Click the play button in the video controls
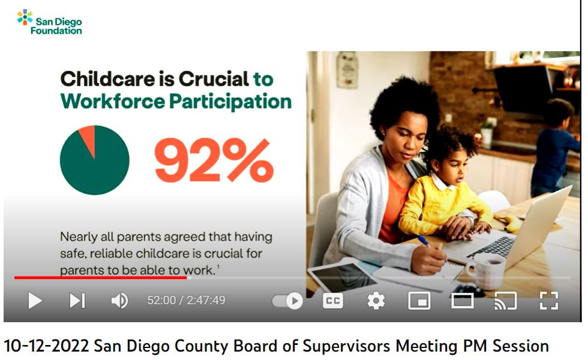35,301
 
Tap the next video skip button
77,301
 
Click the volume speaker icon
119,301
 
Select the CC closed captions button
333,301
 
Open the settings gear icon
376,301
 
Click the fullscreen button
549,301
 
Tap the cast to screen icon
505,301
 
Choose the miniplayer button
419,301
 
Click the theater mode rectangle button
463,301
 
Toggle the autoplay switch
288,301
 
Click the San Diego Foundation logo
49,23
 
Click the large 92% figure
214,160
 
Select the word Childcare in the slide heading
107,79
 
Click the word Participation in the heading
230,101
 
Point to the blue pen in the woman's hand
425,242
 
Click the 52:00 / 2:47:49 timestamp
187,301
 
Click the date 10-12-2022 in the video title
46,346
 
